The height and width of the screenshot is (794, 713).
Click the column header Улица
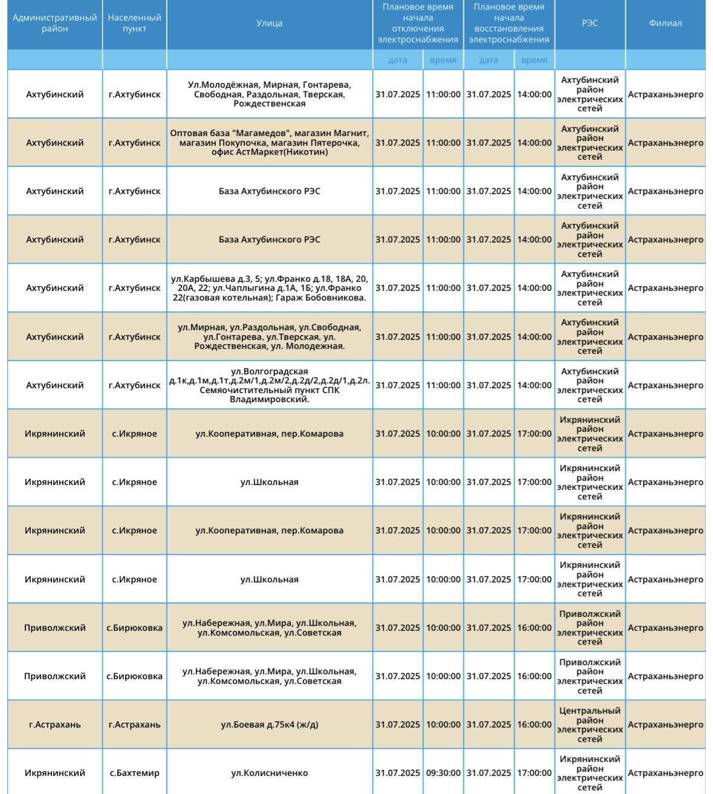click(269, 24)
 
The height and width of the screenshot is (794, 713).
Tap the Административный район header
click(55, 24)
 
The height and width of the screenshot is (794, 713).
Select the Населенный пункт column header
click(134, 24)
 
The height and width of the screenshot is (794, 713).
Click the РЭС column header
click(590, 24)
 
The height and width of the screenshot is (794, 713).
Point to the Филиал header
click(665, 24)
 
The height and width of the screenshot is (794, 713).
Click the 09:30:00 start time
click(443, 773)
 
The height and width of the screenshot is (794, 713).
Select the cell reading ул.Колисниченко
click(269, 773)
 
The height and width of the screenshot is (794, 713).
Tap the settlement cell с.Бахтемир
click(134, 773)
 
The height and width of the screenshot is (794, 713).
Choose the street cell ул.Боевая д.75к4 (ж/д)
click(269, 724)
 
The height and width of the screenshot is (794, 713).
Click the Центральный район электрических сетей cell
click(590, 724)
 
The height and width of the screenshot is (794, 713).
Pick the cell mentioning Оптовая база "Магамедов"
click(269, 143)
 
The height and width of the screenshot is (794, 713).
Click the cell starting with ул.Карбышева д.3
click(269, 288)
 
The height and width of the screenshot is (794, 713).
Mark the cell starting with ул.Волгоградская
click(269, 385)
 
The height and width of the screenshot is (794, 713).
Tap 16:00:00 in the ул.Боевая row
click(534, 724)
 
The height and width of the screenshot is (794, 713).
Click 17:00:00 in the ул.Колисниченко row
click(534, 773)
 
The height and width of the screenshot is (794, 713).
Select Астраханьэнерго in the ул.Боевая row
click(665, 724)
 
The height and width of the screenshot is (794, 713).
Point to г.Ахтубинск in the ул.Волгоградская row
click(134, 385)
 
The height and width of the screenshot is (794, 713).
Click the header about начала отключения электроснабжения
click(418, 24)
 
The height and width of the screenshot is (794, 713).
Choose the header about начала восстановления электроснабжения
click(509, 24)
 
